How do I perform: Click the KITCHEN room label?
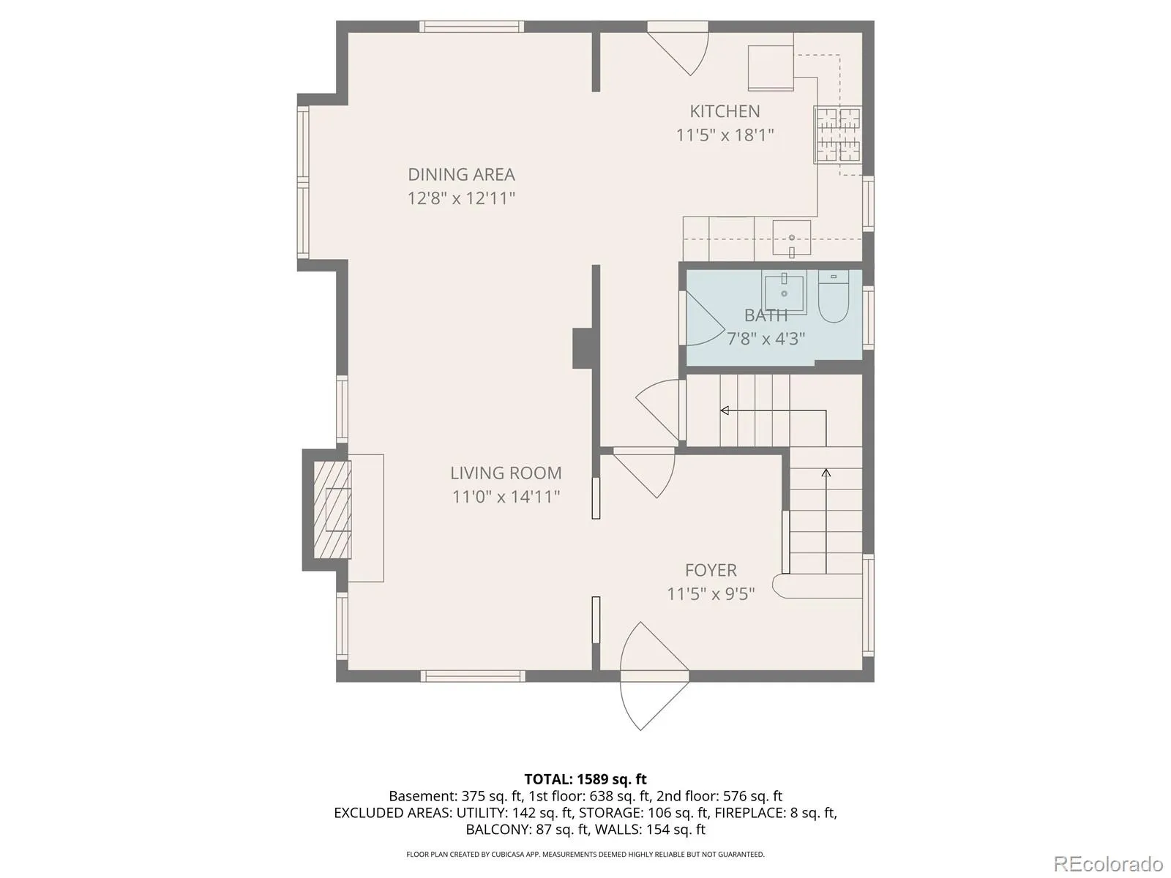[x=725, y=111]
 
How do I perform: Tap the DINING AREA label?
[x=462, y=175]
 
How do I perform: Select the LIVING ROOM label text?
[x=506, y=473]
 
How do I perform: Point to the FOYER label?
[x=711, y=571]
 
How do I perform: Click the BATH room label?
[x=766, y=315]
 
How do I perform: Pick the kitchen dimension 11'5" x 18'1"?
[x=725, y=135]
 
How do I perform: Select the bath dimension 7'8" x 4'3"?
[x=766, y=339]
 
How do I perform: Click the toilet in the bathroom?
[x=833, y=296]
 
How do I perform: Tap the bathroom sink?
[x=784, y=292]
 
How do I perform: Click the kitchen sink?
[x=791, y=239]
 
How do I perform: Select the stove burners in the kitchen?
[x=837, y=135]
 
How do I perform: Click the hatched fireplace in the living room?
[x=332, y=510]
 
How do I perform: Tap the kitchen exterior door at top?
[x=678, y=48]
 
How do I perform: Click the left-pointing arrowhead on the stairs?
[x=725, y=410]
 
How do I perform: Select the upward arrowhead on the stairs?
[x=826, y=473]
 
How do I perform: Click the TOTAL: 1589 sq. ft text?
[x=585, y=779]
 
